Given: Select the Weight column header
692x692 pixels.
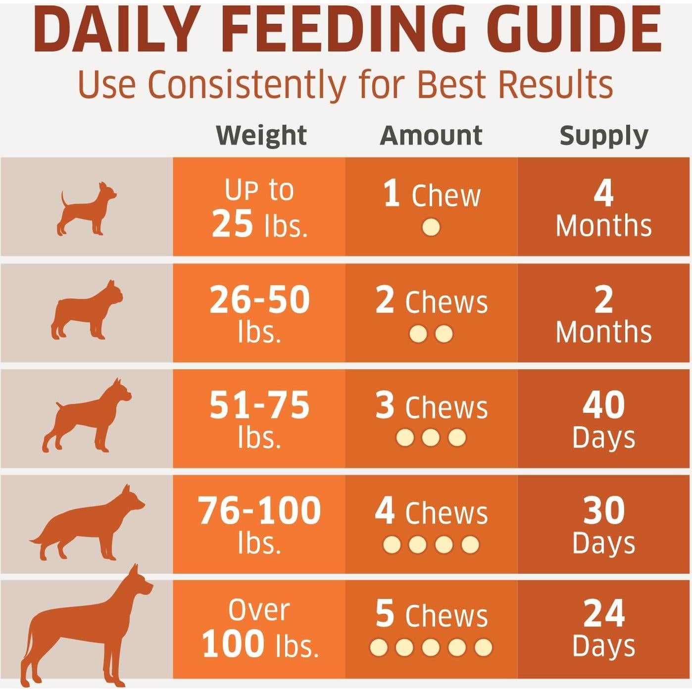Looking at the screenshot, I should [261, 135].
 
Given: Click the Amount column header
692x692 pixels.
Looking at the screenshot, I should [431, 135].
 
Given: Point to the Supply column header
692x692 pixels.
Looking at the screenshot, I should [603, 136].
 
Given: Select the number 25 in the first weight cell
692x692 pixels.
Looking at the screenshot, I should [232, 224].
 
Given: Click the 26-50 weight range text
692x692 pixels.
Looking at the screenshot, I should [259, 300].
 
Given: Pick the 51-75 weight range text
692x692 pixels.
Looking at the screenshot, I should [259, 405].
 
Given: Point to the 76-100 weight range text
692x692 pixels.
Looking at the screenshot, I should [259, 511].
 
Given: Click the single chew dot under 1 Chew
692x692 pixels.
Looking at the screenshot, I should [431, 228].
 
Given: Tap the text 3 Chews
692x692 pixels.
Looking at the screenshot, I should [431, 407].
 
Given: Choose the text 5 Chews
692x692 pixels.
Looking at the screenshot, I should [431, 615].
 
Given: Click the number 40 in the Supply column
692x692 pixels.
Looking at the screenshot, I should [603, 405].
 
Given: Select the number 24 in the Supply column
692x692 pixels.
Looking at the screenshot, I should [603, 614].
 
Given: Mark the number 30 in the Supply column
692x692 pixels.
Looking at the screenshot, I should [603, 510].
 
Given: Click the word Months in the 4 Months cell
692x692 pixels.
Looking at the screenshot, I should [603, 226].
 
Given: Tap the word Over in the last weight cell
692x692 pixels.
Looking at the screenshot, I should [259, 610].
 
